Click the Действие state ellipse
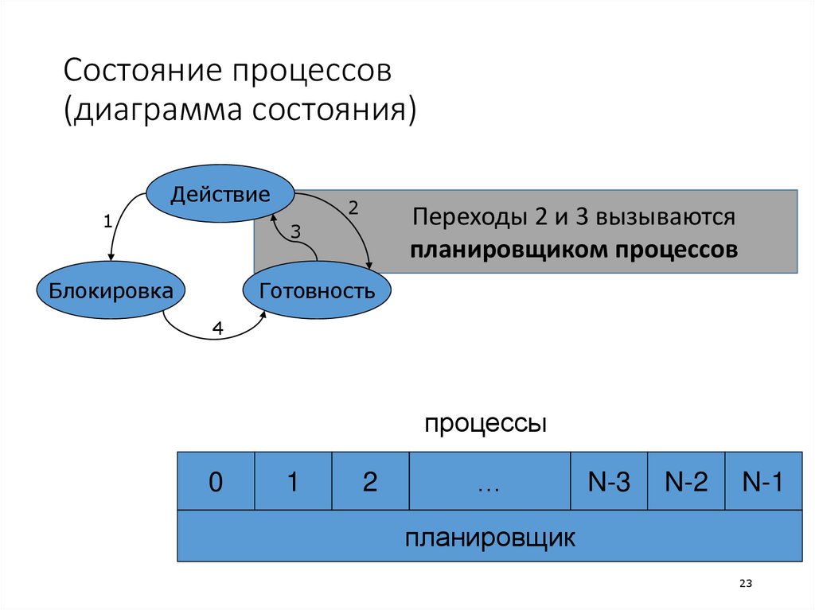(220, 194)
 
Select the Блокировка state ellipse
(111, 290)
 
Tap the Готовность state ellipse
(317, 290)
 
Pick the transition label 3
(295, 231)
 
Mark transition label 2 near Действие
(353, 208)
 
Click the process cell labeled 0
(215, 482)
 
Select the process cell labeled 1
(292, 482)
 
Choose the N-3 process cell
(609, 482)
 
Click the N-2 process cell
(686, 482)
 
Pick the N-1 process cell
(762, 482)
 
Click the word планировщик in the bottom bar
(489, 537)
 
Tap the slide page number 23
(746, 584)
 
